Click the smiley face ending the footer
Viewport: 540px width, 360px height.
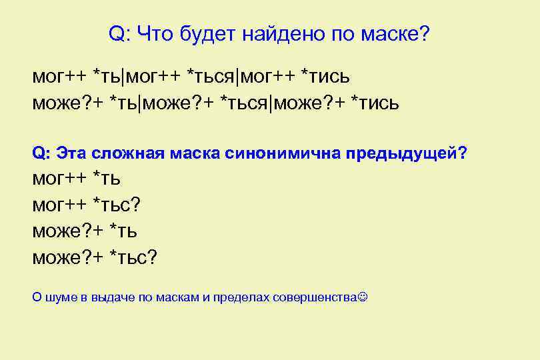363,296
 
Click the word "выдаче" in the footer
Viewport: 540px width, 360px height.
111,297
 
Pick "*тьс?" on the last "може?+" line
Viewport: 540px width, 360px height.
134,257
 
